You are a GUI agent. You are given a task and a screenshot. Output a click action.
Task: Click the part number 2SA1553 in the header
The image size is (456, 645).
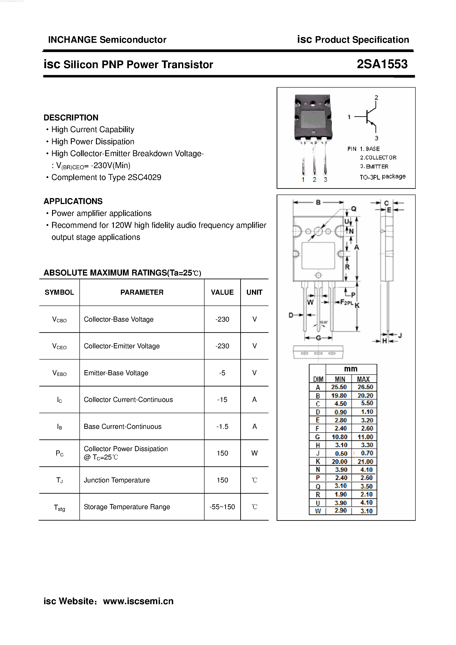pos(382,64)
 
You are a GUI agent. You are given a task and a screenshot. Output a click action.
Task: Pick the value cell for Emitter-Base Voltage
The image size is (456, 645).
pos(222,373)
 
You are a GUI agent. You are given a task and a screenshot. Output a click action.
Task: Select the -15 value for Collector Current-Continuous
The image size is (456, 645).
pos(222,399)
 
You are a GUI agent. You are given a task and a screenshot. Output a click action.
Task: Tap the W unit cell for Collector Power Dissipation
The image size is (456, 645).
pos(254,453)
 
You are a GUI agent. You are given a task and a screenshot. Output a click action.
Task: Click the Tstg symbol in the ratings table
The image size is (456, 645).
pos(59,507)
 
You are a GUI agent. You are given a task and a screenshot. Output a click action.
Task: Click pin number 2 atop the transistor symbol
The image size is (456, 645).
pos(376,97)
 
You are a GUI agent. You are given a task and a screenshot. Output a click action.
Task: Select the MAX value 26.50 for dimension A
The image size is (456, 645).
pos(365,387)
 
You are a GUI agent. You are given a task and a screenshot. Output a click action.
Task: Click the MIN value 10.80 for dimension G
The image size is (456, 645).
pos(339,437)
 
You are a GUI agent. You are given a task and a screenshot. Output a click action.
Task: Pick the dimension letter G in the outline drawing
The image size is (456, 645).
pos(318,338)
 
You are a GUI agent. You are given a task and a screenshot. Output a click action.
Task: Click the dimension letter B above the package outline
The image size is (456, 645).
pos(318,202)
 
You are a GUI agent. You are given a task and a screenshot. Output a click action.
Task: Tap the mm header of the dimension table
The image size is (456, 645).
pos(351,369)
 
